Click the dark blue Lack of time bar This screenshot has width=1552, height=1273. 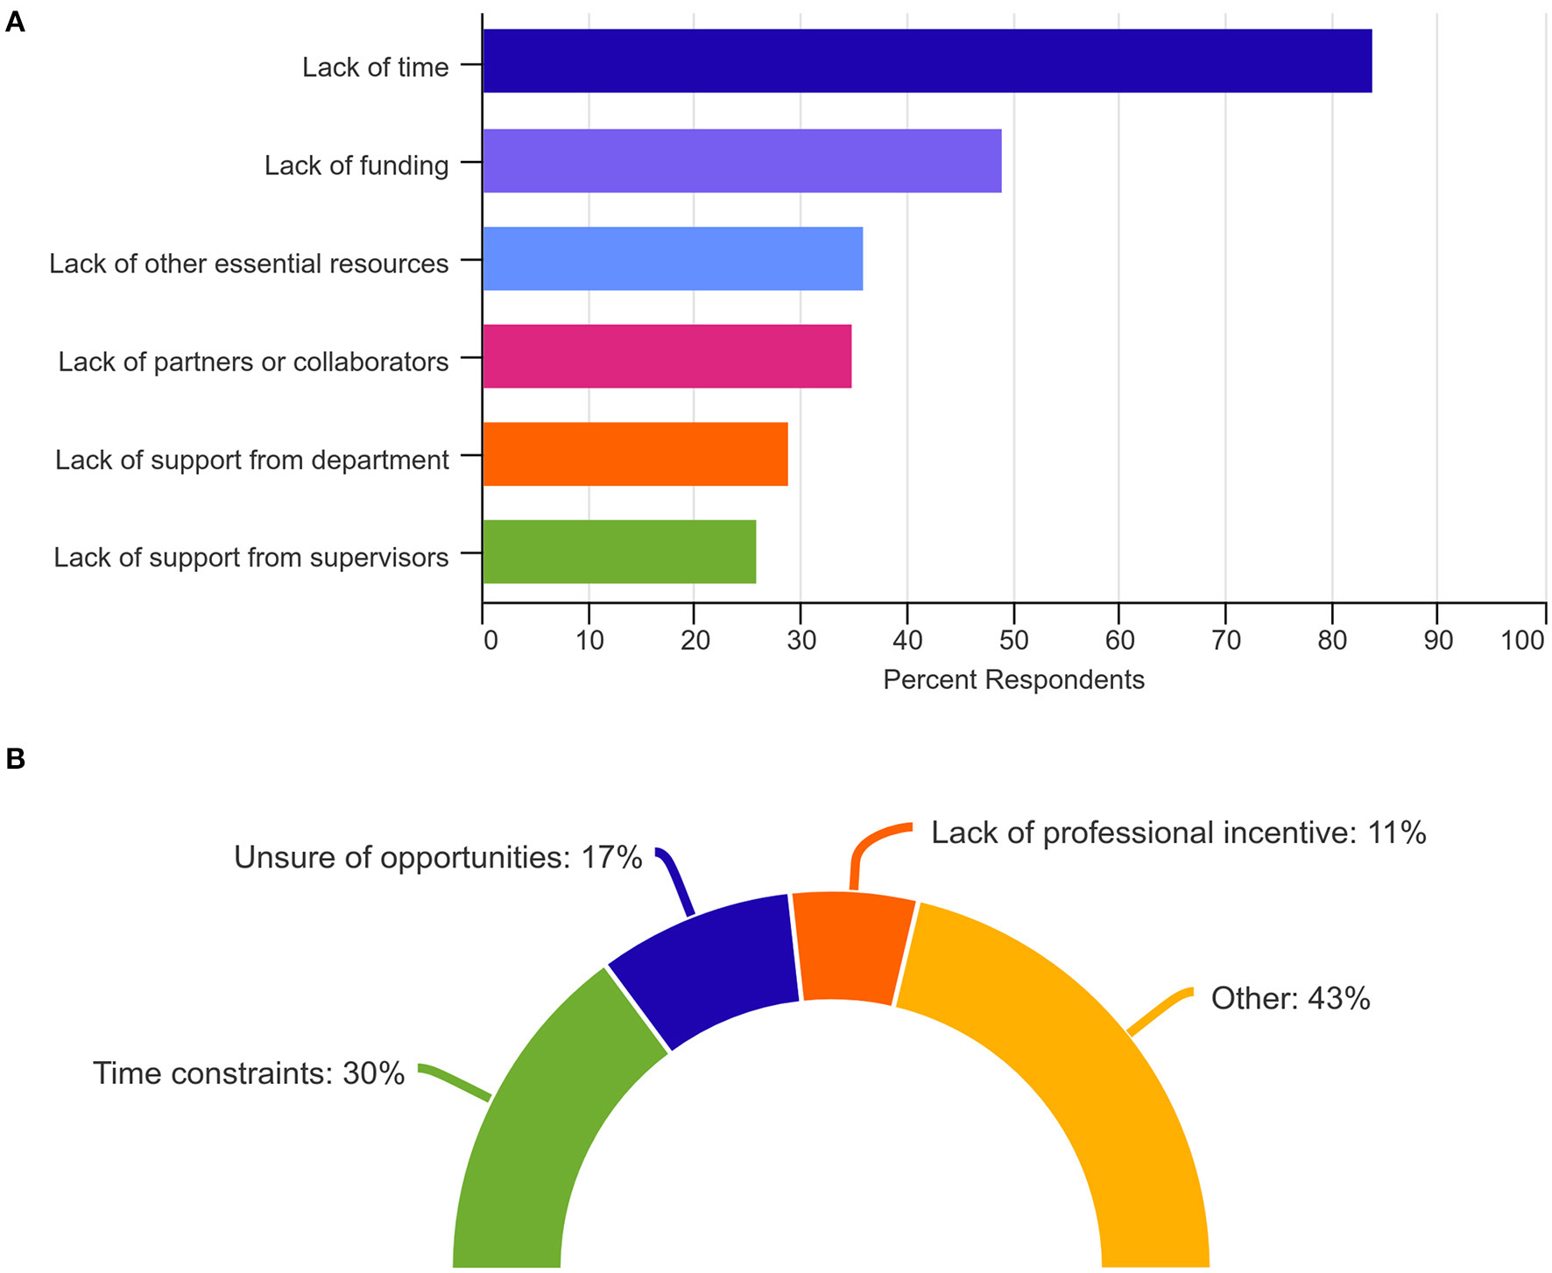pos(927,61)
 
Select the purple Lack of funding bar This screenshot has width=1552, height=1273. pos(742,161)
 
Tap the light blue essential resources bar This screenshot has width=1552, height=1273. pos(673,259)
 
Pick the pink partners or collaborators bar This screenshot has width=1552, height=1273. pos(667,357)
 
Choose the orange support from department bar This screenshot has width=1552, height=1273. pos(635,454)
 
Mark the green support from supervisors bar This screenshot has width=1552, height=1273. pos(619,552)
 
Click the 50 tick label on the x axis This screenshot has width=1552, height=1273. pos(1013,641)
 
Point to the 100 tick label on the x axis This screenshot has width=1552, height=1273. pos(1522,641)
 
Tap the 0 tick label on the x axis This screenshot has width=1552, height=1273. pos(490,641)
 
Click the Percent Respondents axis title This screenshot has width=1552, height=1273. pos(1013,680)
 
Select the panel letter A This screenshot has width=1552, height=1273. pos(15,22)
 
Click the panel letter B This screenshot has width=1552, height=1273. pos(15,758)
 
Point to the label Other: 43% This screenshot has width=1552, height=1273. pos(1290,999)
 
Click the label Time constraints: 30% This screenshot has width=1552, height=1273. pos(249,1073)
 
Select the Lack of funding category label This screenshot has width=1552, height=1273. pos(356,165)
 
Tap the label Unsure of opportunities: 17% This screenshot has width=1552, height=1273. pos(438,858)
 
